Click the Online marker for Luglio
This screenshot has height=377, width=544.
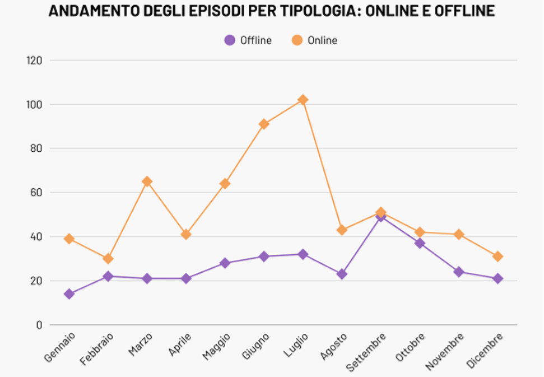coord(303,100)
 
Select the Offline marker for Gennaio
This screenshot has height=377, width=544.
coord(69,294)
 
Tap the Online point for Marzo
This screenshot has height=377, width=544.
coord(147,181)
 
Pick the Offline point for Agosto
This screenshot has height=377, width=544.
coord(342,274)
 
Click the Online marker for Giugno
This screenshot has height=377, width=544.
coord(264,124)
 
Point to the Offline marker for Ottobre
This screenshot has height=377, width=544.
coord(420,243)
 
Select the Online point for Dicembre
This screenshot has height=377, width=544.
coord(497,257)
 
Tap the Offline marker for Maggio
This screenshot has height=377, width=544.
coord(225,263)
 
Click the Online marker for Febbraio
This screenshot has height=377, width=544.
coord(108,259)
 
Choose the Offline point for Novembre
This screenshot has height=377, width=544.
coord(459,272)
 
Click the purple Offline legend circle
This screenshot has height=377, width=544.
coord(229,40)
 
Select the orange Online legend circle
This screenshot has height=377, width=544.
coord(297,40)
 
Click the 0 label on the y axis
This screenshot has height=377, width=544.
coord(39,325)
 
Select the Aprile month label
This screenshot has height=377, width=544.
coord(180,345)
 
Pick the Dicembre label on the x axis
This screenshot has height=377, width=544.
coord(485,351)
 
